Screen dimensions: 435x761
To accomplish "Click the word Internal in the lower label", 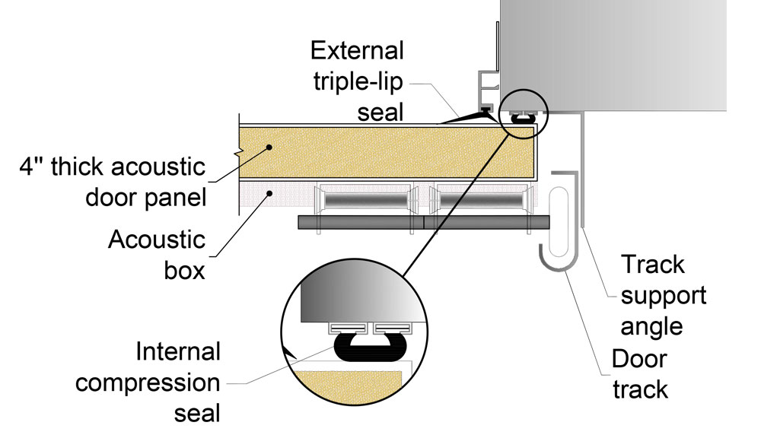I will (x=179, y=351).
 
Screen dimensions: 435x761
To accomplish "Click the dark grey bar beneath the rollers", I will (x=423, y=222).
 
